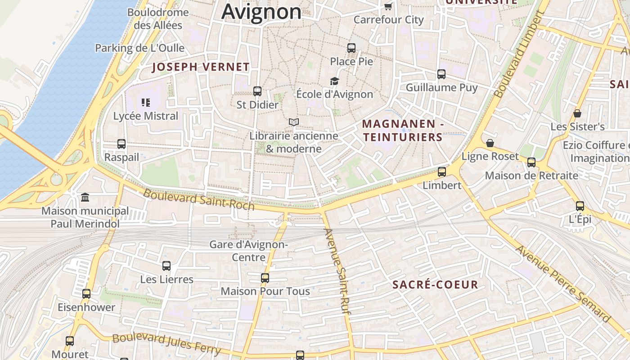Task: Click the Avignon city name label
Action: pyautogui.click(x=261, y=12)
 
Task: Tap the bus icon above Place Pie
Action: pyautogui.click(x=351, y=48)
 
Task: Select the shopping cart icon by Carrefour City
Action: pyautogui.click(x=388, y=6)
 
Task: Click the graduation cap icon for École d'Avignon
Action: pyautogui.click(x=334, y=81)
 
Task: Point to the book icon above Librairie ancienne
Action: pyautogui.click(x=294, y=122)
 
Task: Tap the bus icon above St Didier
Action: pyautogui.click(x=257, y=91)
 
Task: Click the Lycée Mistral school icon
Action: pyautogui.click(x=145, y=103)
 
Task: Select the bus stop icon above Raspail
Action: pyautogui.click(x=121, y=144)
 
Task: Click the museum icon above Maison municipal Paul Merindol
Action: pyautogui.click(x=85, y=198)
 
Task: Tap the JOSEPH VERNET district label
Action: pyautogui.click(x=201, y=67)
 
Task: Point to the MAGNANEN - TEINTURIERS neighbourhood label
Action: pyautogui.click(x=403, y=130)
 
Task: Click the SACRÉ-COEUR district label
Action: pyautogui.click(x=435, y=284)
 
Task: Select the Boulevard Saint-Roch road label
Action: pyautogui.click(x=198, y=199)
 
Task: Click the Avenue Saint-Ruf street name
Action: pyautogui.click(x=337, y=271)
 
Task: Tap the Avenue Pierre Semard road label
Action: pyautogui.click(x=563, y=283)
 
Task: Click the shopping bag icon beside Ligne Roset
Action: pyautogui.click(x=490, y=143)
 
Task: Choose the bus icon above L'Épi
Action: pyautogui.click(x=580, y=206)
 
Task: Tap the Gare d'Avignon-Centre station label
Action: pyautogui.click(x=248, y=251)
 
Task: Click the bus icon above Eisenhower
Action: pyautogui.click(x=86, y=294)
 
